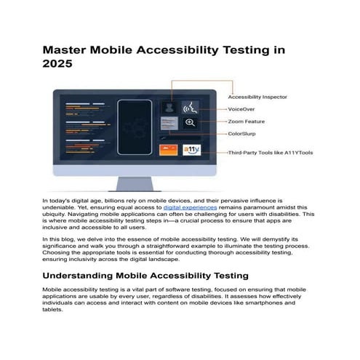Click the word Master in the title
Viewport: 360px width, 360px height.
pyautogui.click(x=63, y=51)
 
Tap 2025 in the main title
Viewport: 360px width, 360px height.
pyautogui.click(x=56, y=65)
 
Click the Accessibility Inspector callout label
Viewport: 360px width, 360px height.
pyautogui.click(x=257, y=97)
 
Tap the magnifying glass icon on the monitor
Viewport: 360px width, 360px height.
pyautogui.click(x=190, y=123)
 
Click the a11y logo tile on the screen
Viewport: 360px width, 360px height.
pyautogui.click(x=191, y=150)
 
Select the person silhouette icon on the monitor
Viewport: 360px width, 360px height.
pyautogui.click(x=169, y=107)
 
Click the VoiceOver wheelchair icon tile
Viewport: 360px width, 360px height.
pyautogui.click(x=191, y=107)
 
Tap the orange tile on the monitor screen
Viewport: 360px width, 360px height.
pyautogui.click(x=169, y=150)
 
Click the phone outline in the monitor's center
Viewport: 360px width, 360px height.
pyautogui.click(x=135, y=128)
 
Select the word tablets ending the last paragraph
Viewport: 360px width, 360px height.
pyautogui.click(x=53, y=309)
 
